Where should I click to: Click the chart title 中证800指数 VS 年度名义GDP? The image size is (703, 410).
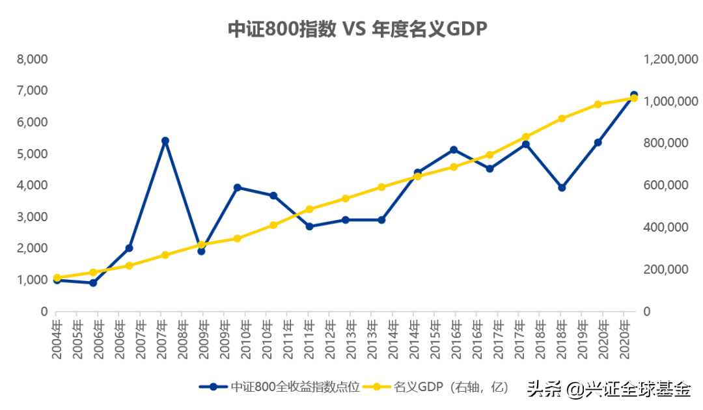point(357,29)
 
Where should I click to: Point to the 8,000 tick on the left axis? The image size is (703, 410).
point(33,59)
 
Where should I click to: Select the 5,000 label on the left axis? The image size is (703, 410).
point(33,154)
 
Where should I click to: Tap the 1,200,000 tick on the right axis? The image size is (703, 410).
point(670,59)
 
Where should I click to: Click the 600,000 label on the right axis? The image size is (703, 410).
point(666,185)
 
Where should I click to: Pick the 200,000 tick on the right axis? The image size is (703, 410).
point(666,269)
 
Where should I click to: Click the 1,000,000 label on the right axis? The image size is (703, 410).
point(670,102)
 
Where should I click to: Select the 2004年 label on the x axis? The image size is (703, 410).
point(57,339)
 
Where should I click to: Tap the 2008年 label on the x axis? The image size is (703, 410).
point(182,339)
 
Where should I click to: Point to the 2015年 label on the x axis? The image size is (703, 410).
point(435,339)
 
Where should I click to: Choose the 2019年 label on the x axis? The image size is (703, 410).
point(583,339)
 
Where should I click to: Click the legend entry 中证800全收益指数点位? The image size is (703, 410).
point(280,387)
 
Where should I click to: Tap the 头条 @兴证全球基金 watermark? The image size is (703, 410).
point(609,389)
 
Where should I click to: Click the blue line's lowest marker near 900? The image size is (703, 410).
point(93,282)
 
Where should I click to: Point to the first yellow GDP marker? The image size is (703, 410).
point(57,278)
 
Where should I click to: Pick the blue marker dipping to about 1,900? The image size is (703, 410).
point(201,251)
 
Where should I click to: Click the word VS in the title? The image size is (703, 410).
point(353,29)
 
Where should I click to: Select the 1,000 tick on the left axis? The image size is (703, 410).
point(33,280)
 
